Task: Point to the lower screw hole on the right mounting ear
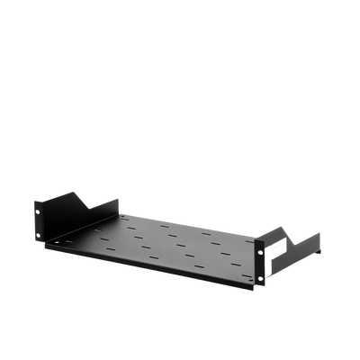(260, 278)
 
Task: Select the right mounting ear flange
(260, 263)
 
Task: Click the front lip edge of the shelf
(144, 265)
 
